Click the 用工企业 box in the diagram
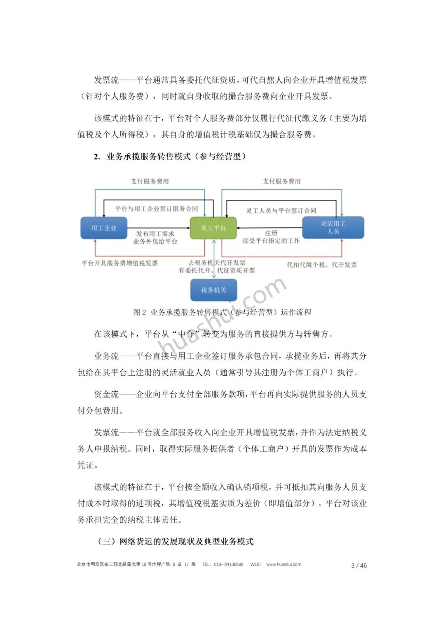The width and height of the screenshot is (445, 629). pyautogui.click(x=104, y=228)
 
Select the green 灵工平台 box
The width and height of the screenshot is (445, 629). pyautogui.click(x=213, y=228)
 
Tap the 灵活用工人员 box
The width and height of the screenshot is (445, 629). pyautogui.click(x=333, y=227)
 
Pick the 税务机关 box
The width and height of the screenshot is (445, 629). pyautogui.click(x=214, y=290)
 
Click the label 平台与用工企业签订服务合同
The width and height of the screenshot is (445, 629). pyautogui.click(x=157, y=209)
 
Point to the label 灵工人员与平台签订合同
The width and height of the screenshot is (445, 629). pyautogui.click(x=281, y=210)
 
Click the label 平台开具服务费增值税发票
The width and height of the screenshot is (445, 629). pyautogui.click(x=119, y=263)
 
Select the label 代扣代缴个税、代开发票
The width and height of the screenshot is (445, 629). pyautogui.click(x=322, y=265)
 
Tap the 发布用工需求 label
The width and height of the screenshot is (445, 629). pyautogui.click(x=155, y=234)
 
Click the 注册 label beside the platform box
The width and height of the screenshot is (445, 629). pyautogui.click(x=271, y=233)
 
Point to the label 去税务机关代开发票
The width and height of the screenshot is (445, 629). pyautogui.click(x=217, y=262)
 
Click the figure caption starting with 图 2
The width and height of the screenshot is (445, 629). pyautogui.click(x=222, y=312)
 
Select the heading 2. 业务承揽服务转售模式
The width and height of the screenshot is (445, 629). pyautogui.click(x=170, y=157)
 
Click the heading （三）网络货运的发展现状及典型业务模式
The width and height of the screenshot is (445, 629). pyautogui.click(x=176, y=541)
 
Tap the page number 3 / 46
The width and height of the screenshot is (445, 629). pyautogui.click(x=358, y=565)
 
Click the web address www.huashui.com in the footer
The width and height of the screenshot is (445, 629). pyautogui.click(x=283, y=564)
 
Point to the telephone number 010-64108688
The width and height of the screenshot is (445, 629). pyautogui.click(x=228, y=564)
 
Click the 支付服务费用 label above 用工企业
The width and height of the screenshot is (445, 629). pyautogui.click(x=150, y=181)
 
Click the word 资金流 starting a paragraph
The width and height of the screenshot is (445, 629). pyautogui.click(x=106, y=394)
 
